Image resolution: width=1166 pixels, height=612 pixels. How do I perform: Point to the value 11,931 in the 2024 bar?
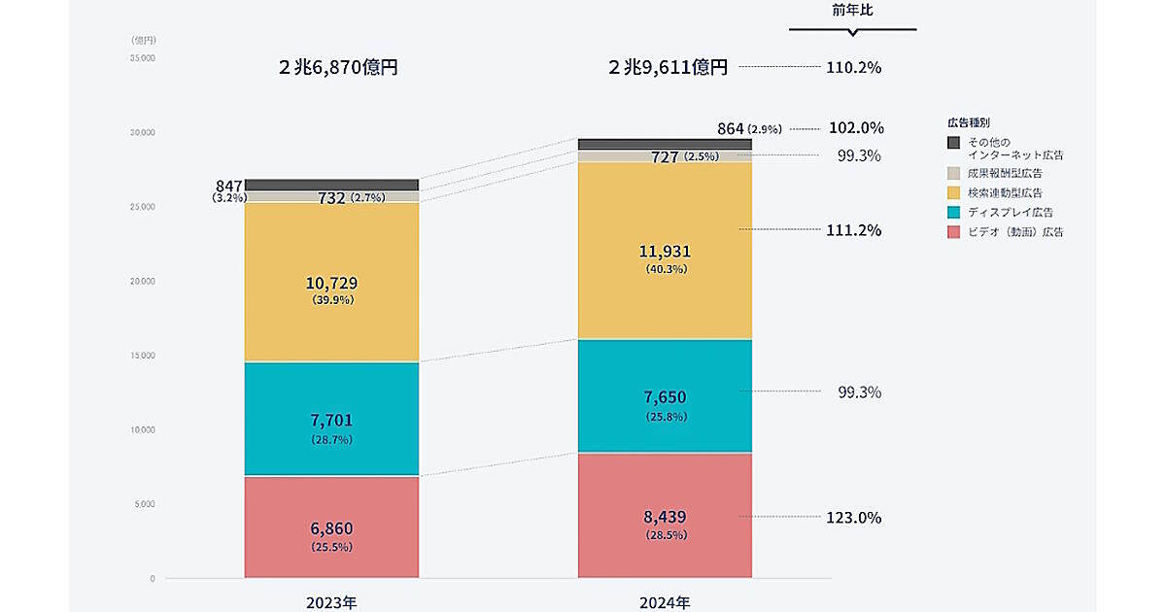tap(666, 252)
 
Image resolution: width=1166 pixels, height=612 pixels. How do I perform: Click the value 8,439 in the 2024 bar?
tap(666, 519)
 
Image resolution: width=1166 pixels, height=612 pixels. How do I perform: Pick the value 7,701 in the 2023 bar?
tap(331, 421)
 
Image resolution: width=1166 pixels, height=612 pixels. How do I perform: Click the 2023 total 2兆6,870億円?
tap(338, 68)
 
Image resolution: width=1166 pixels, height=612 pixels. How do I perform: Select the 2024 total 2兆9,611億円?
tap(668, 68)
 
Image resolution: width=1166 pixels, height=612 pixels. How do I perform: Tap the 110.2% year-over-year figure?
tap(854, 68)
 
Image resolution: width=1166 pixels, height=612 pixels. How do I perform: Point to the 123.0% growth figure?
tap(854, 518)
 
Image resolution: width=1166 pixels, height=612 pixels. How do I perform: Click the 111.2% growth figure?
tap(854, 230)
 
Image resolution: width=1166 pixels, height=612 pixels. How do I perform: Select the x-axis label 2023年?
tap(331, 602)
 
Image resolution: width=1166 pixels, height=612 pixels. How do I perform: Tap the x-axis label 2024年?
tap(665, 602)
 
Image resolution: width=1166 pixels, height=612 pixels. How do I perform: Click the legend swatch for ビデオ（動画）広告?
tap(953, 231)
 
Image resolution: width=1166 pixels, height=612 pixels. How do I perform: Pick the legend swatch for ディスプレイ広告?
tap(953, 212)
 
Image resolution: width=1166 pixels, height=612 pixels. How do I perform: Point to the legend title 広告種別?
tap(968, 123)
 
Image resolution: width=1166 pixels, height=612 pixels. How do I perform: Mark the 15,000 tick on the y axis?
tap(143, 356)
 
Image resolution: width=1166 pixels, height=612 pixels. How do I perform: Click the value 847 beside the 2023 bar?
tap(230, 186)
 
